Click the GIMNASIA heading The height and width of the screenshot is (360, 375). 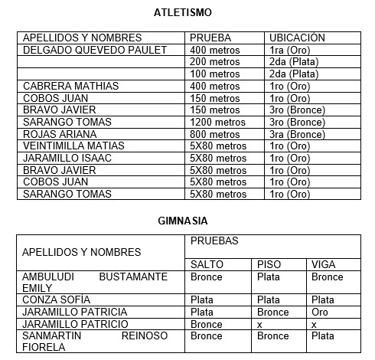click(187, 220)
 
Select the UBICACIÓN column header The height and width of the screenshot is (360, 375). click(297, 38)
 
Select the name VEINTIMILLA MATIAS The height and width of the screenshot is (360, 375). click(73, 146)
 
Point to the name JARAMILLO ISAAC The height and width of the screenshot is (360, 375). click(67, 158)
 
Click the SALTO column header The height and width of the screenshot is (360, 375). click(207, 264)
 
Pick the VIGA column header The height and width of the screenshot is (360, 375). click(324, 264)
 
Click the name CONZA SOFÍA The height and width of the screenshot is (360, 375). click(55, 300)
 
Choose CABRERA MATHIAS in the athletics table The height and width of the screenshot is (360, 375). click(71, 86)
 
